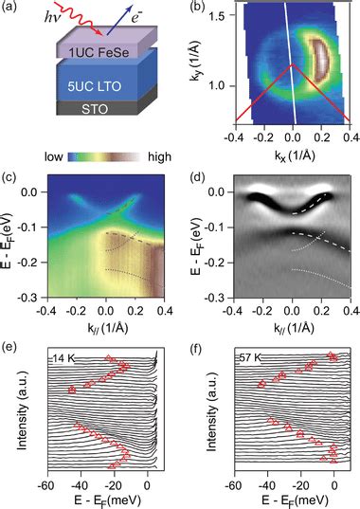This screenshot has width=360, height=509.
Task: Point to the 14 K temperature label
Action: tap(64, 359)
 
